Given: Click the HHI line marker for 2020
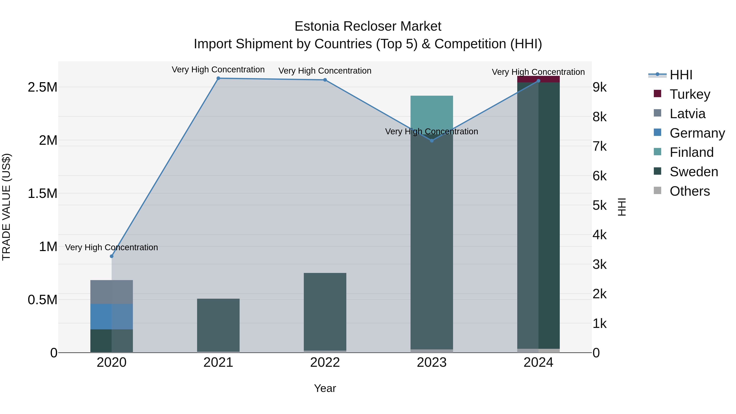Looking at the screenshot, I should click(111, 256).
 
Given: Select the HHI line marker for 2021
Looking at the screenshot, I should click(218, 78).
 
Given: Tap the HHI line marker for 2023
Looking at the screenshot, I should click(432, 141).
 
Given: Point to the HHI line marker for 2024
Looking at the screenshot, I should click(538, 81).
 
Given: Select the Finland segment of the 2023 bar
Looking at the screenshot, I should click(432, 111).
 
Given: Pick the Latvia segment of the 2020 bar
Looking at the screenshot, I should click(111, 292).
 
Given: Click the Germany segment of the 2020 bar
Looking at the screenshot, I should click(111, 316).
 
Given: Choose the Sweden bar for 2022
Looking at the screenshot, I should click(325, 311).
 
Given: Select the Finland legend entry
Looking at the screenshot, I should click(691, 152).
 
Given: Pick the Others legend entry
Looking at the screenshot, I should click(689, 191).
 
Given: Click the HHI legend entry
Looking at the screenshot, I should click(681, 75).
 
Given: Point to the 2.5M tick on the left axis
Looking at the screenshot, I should click(43, 87).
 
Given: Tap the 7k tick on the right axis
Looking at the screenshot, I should click(599, 146).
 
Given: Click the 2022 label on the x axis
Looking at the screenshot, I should click(325, 362).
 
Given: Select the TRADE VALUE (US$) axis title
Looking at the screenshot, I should click(6, 207).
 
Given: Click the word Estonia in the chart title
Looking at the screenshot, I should click(317, 26).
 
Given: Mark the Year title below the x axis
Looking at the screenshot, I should click(325, 388).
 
